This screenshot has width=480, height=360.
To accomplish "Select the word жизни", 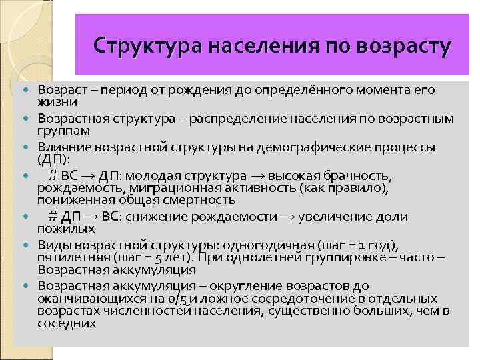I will [x=57, y=102].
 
